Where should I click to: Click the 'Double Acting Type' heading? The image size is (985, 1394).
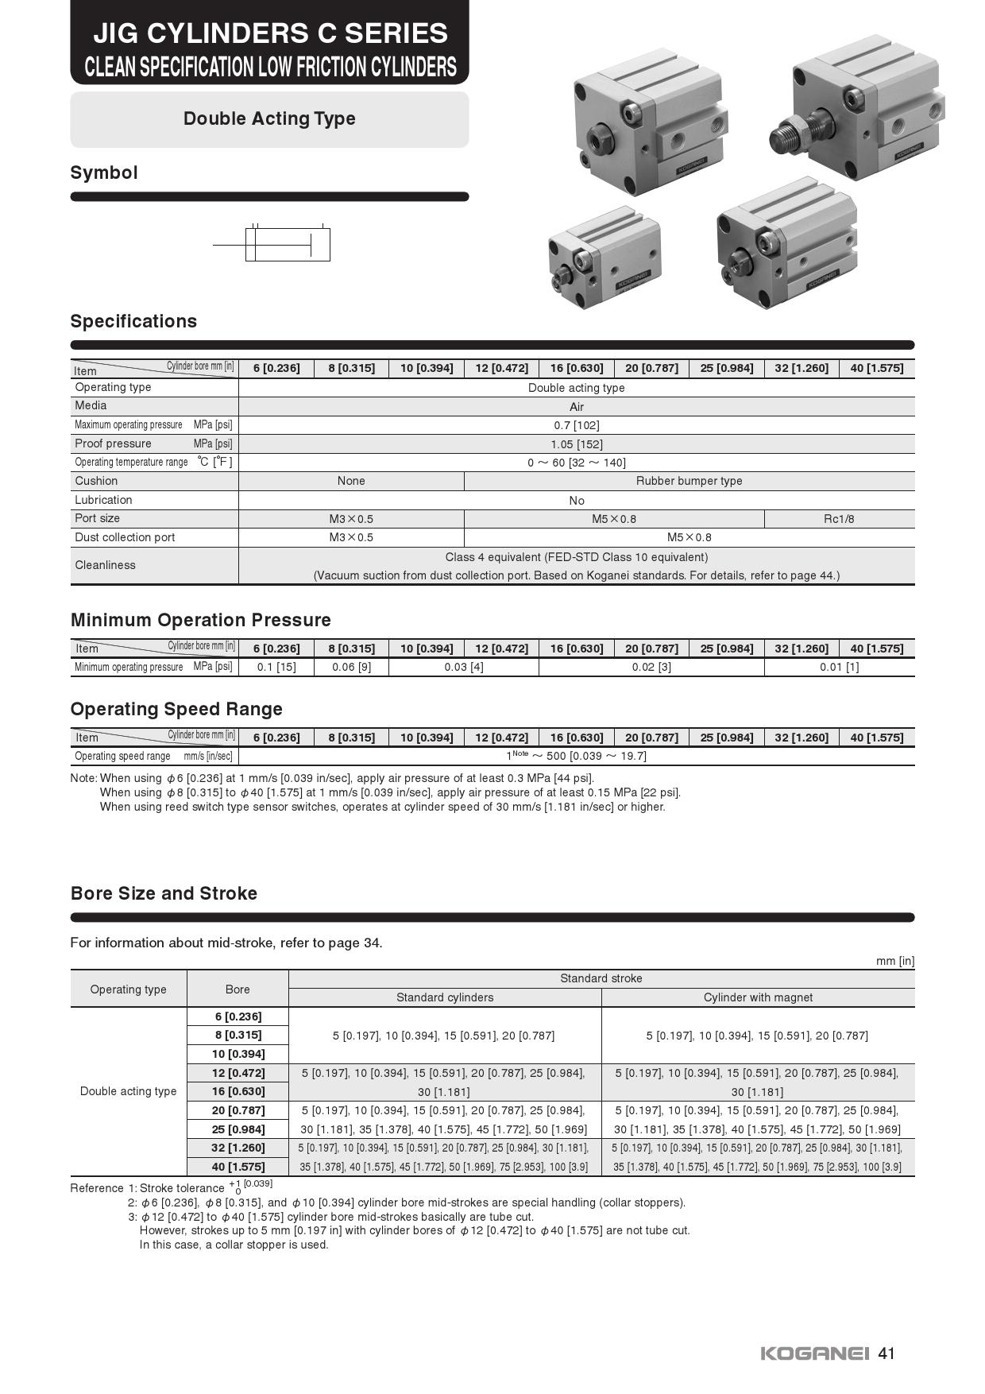pyautogui.click(x=269, y=119)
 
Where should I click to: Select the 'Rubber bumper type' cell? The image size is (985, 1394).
pyautogui.click(x=689, y=481)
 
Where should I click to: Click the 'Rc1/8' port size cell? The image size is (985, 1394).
pyautogui.click(x=839, y=519)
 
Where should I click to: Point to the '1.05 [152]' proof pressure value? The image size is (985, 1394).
pyautogui.click(x=576, y=444)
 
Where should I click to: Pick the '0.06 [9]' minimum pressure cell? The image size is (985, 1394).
pyautogui.click(x=351, y=667)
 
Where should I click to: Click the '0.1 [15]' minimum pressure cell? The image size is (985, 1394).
pyautogui.click(x=276, y=667)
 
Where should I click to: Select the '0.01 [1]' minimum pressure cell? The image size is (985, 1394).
pyautogui.click(x=839, y=667)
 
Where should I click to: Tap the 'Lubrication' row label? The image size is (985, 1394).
pyautogui.click(x=103, y=500)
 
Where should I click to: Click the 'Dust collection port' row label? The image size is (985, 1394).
pyautogui.click(x=125, y=537)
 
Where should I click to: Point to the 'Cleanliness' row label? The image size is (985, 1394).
pyautogui.click(x=105, y=565)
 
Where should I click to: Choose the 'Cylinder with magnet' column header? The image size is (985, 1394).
pyautogui.click(x=758, y=997)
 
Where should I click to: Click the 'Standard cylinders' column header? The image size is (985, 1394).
pyautogui.click(x=445, y=997)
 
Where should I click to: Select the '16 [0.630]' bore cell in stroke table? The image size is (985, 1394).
pyautogui.click(x=238, y=1091)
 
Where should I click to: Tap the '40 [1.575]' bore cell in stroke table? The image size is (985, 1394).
pyautogui.click(x=238, y=1167)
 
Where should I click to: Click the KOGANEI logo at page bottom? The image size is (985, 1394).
pyautogui.click(x=815, y=1353)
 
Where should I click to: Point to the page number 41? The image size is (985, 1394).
pyautogui.click(x=887, y=1353)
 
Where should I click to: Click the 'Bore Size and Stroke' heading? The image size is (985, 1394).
pyautogui.click(x=164, y=893)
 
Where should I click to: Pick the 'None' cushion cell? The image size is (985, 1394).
pyautogui.click(x=351, y=481)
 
